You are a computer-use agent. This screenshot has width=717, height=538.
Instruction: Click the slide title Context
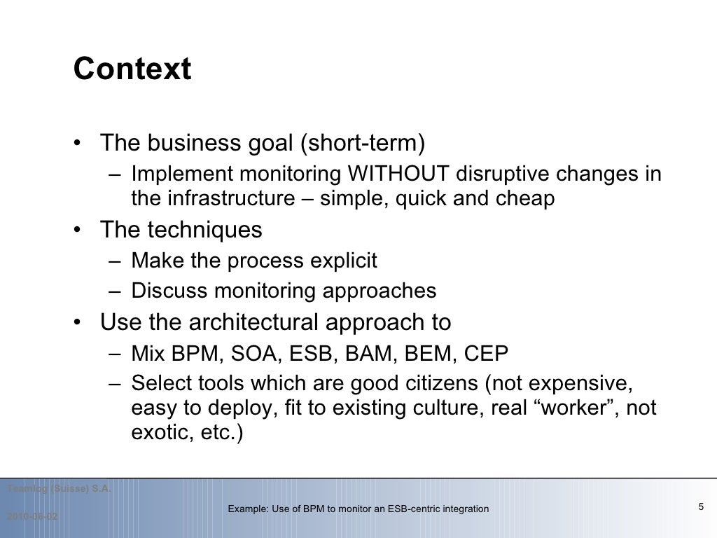point(132,69)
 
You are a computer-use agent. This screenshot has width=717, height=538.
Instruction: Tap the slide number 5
point(700,507)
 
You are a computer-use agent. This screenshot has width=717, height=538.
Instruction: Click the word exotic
point(155,433)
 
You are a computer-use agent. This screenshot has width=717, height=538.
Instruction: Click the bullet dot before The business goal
point(83,144)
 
